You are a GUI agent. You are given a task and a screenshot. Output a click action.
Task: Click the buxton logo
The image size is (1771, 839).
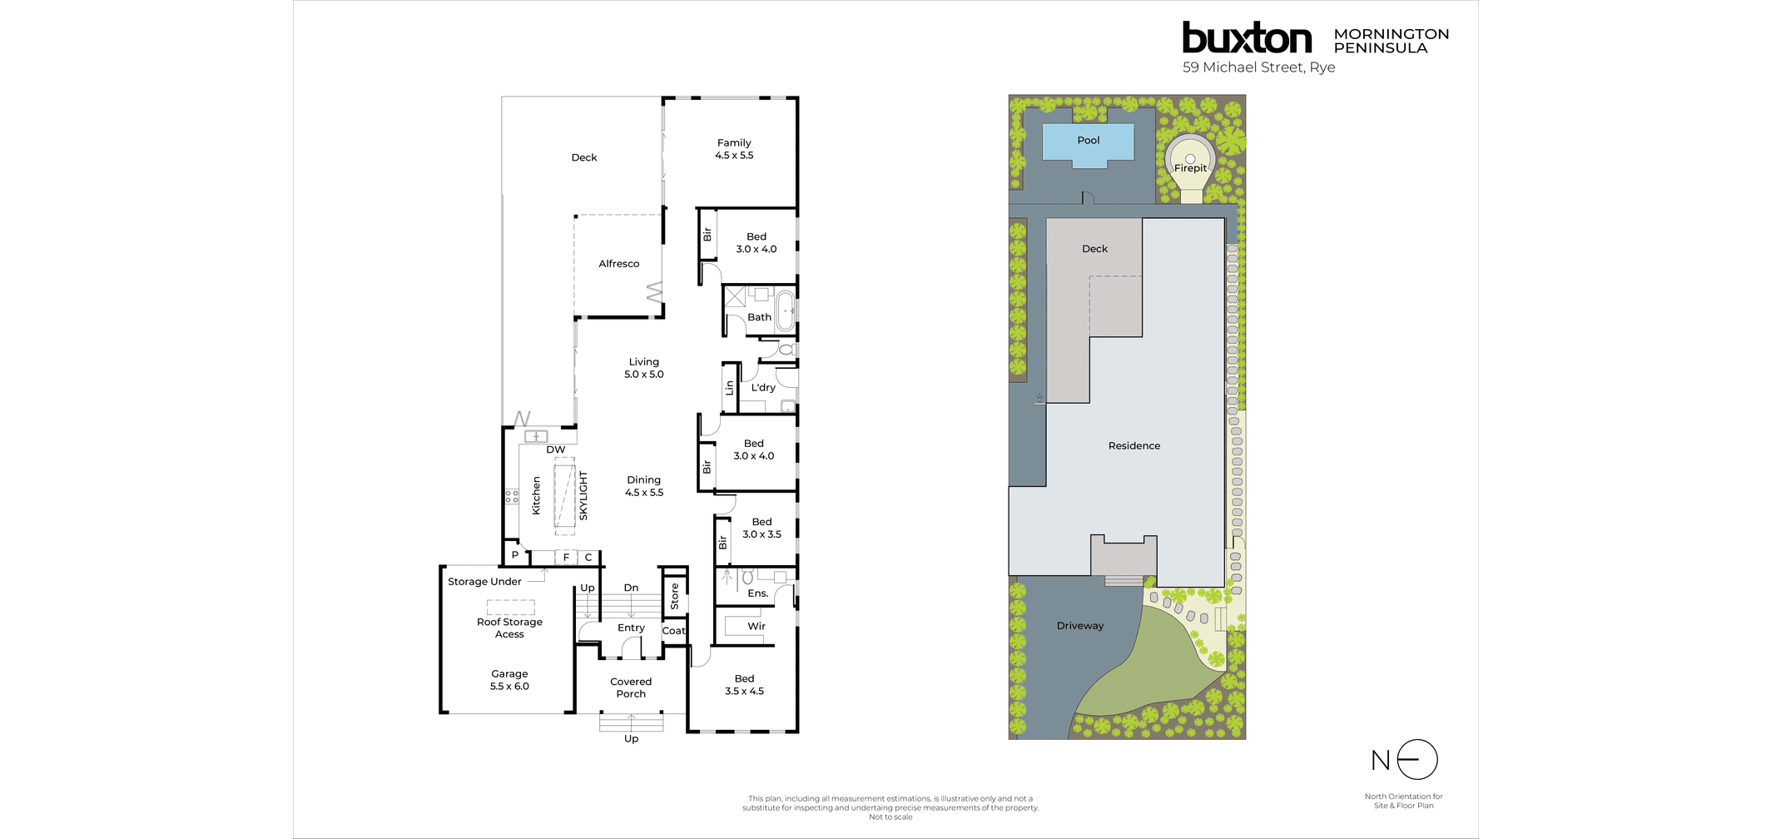[1246, 38]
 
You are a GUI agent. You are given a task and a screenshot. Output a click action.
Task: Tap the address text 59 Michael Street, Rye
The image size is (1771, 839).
[1258, 67]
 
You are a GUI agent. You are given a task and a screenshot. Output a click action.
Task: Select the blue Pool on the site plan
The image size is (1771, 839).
[1088, 142]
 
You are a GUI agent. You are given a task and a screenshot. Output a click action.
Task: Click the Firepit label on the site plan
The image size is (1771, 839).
[1190, 168]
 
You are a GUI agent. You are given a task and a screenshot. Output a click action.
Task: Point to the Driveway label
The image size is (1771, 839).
[1079, 626]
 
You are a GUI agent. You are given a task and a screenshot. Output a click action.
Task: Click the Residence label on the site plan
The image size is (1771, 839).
[1134, 446]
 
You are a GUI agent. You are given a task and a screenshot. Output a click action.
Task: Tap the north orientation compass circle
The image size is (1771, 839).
[1417, 760]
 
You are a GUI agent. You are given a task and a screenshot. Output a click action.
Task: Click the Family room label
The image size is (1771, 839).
[734, 149]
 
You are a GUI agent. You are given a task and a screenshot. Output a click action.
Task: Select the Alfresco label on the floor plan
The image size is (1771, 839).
[618, 264]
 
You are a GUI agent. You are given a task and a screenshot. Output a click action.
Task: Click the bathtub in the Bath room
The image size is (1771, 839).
[785, 310]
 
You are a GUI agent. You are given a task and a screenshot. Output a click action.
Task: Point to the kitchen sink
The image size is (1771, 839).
[535, 437]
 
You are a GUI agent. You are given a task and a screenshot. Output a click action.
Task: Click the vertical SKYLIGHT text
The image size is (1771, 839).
[583, 496]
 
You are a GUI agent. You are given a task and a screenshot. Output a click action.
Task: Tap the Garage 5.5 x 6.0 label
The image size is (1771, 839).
[509, 680]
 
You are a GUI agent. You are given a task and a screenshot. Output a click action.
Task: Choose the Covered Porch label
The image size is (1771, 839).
[631, 688]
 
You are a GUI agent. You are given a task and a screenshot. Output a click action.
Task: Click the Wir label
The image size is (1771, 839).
[756, 627]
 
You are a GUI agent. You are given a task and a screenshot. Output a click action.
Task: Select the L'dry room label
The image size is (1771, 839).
[763, 388]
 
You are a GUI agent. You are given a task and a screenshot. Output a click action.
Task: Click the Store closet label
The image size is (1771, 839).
[674, 596]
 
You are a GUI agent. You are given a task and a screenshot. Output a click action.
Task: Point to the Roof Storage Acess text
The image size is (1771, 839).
[509, 628]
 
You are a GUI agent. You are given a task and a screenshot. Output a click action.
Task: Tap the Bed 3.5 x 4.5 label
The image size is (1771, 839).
[744, 685]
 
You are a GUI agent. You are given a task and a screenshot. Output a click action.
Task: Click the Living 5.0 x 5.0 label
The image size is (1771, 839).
[644, 368]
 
